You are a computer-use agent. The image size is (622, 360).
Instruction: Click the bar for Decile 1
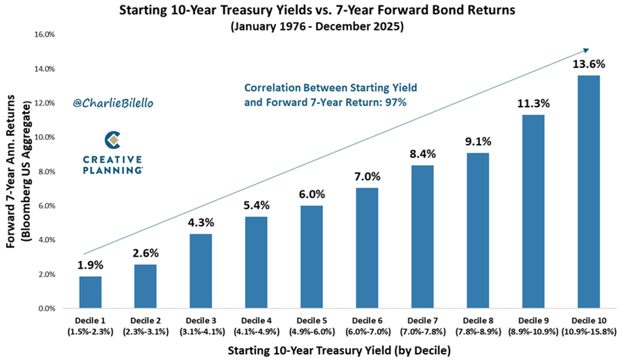90,292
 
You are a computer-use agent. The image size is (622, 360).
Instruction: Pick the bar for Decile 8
478,231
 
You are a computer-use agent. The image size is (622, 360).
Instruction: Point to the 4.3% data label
201,223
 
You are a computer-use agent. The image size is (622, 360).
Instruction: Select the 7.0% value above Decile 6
367,177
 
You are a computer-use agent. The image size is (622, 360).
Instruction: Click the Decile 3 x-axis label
201,321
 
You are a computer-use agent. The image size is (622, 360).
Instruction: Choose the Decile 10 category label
588,321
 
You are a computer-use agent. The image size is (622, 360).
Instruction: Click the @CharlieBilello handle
113,103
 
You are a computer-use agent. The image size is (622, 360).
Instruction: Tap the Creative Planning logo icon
113,140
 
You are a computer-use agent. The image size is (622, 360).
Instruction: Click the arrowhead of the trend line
586,50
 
